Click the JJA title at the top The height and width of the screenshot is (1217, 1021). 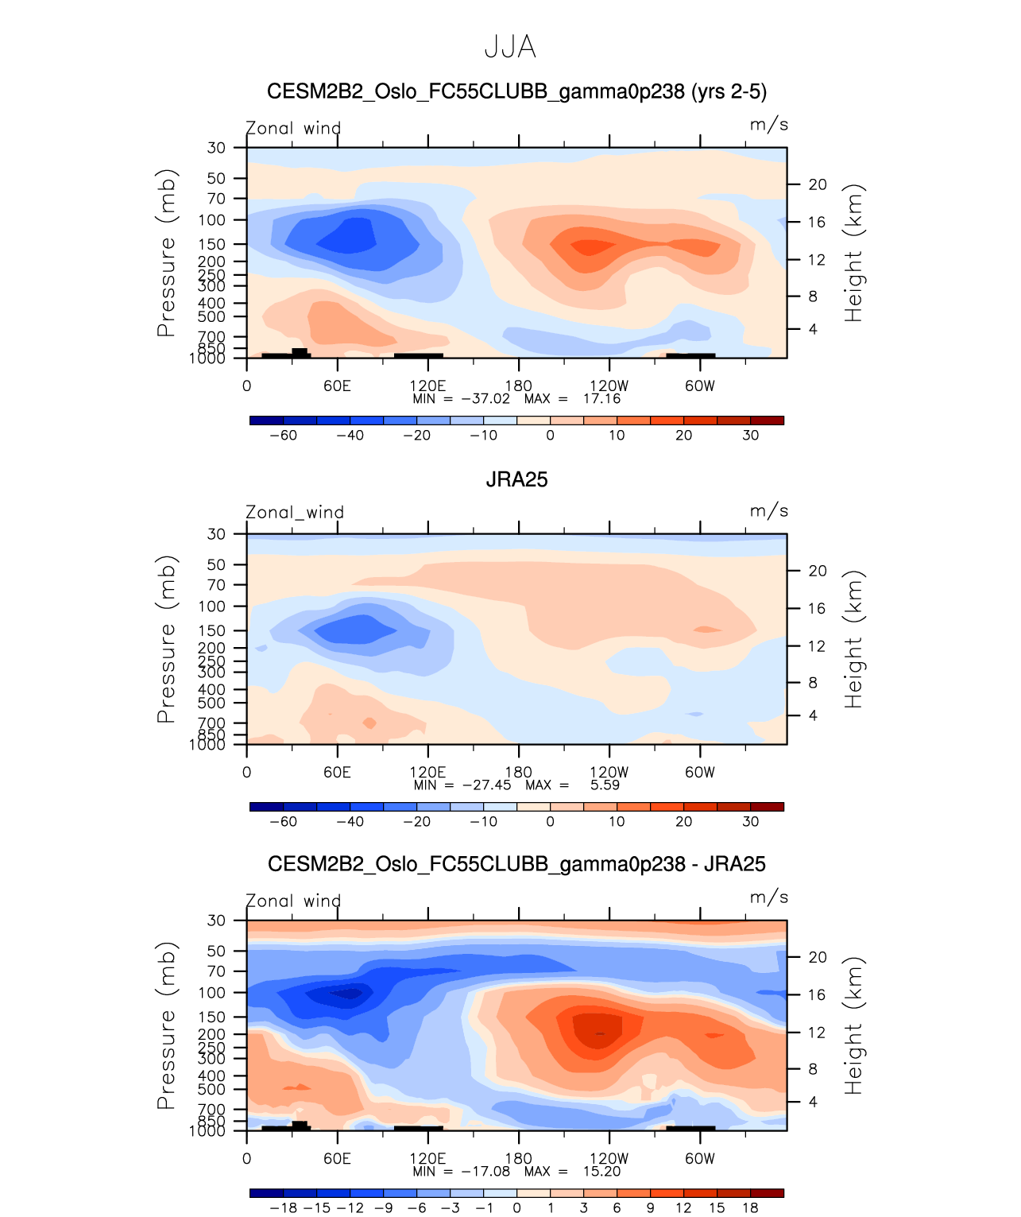[510, 48]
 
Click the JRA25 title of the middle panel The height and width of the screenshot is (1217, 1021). [516, 479]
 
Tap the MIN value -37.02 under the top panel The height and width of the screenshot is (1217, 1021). [485, 398]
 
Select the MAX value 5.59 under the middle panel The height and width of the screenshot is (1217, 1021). [605, 785]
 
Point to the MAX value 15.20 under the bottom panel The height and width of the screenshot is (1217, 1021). [601, 1171]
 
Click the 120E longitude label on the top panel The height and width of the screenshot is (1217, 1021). [427, 386]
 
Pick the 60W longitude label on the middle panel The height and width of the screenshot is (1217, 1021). [699, 772]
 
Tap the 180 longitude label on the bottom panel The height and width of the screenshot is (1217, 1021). [519, 1158]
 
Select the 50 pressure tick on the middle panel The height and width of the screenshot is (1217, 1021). [216, 564]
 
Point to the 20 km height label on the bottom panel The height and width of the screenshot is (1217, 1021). [818, 957]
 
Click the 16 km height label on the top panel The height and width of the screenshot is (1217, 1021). [818, 222]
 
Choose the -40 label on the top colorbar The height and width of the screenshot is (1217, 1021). [350, 435]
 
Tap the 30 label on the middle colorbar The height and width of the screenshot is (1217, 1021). [750, 821]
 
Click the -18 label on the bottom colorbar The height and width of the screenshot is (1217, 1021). [283, 1207]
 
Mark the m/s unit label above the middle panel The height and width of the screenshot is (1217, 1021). [768, 510]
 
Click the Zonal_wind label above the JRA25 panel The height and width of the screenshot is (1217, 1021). [294, 512]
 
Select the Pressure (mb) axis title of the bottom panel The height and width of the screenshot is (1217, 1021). [166, 1025]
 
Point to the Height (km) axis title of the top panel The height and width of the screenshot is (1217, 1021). [853, 253]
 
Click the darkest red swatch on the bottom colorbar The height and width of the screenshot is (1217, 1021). [767, 1192]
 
